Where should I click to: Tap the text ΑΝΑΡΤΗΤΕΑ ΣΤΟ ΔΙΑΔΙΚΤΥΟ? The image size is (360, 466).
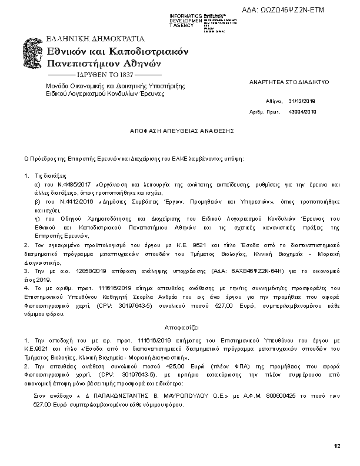[x=289, y=82]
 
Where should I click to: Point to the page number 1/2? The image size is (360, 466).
[x=337, y=447]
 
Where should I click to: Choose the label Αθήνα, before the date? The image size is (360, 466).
[x=275, y=101]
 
